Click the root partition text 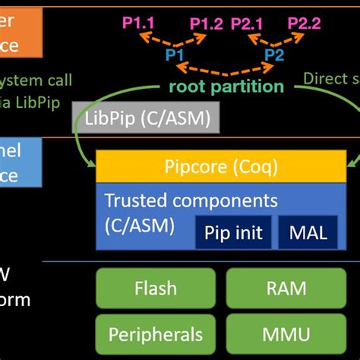click(x=227, y=86)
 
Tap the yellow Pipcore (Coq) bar click(x=220, y=166)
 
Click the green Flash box click(x=156, y=288)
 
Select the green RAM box click(x=287, y=288)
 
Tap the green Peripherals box click(x=156, y=333)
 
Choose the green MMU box click(x=287, y=333)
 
